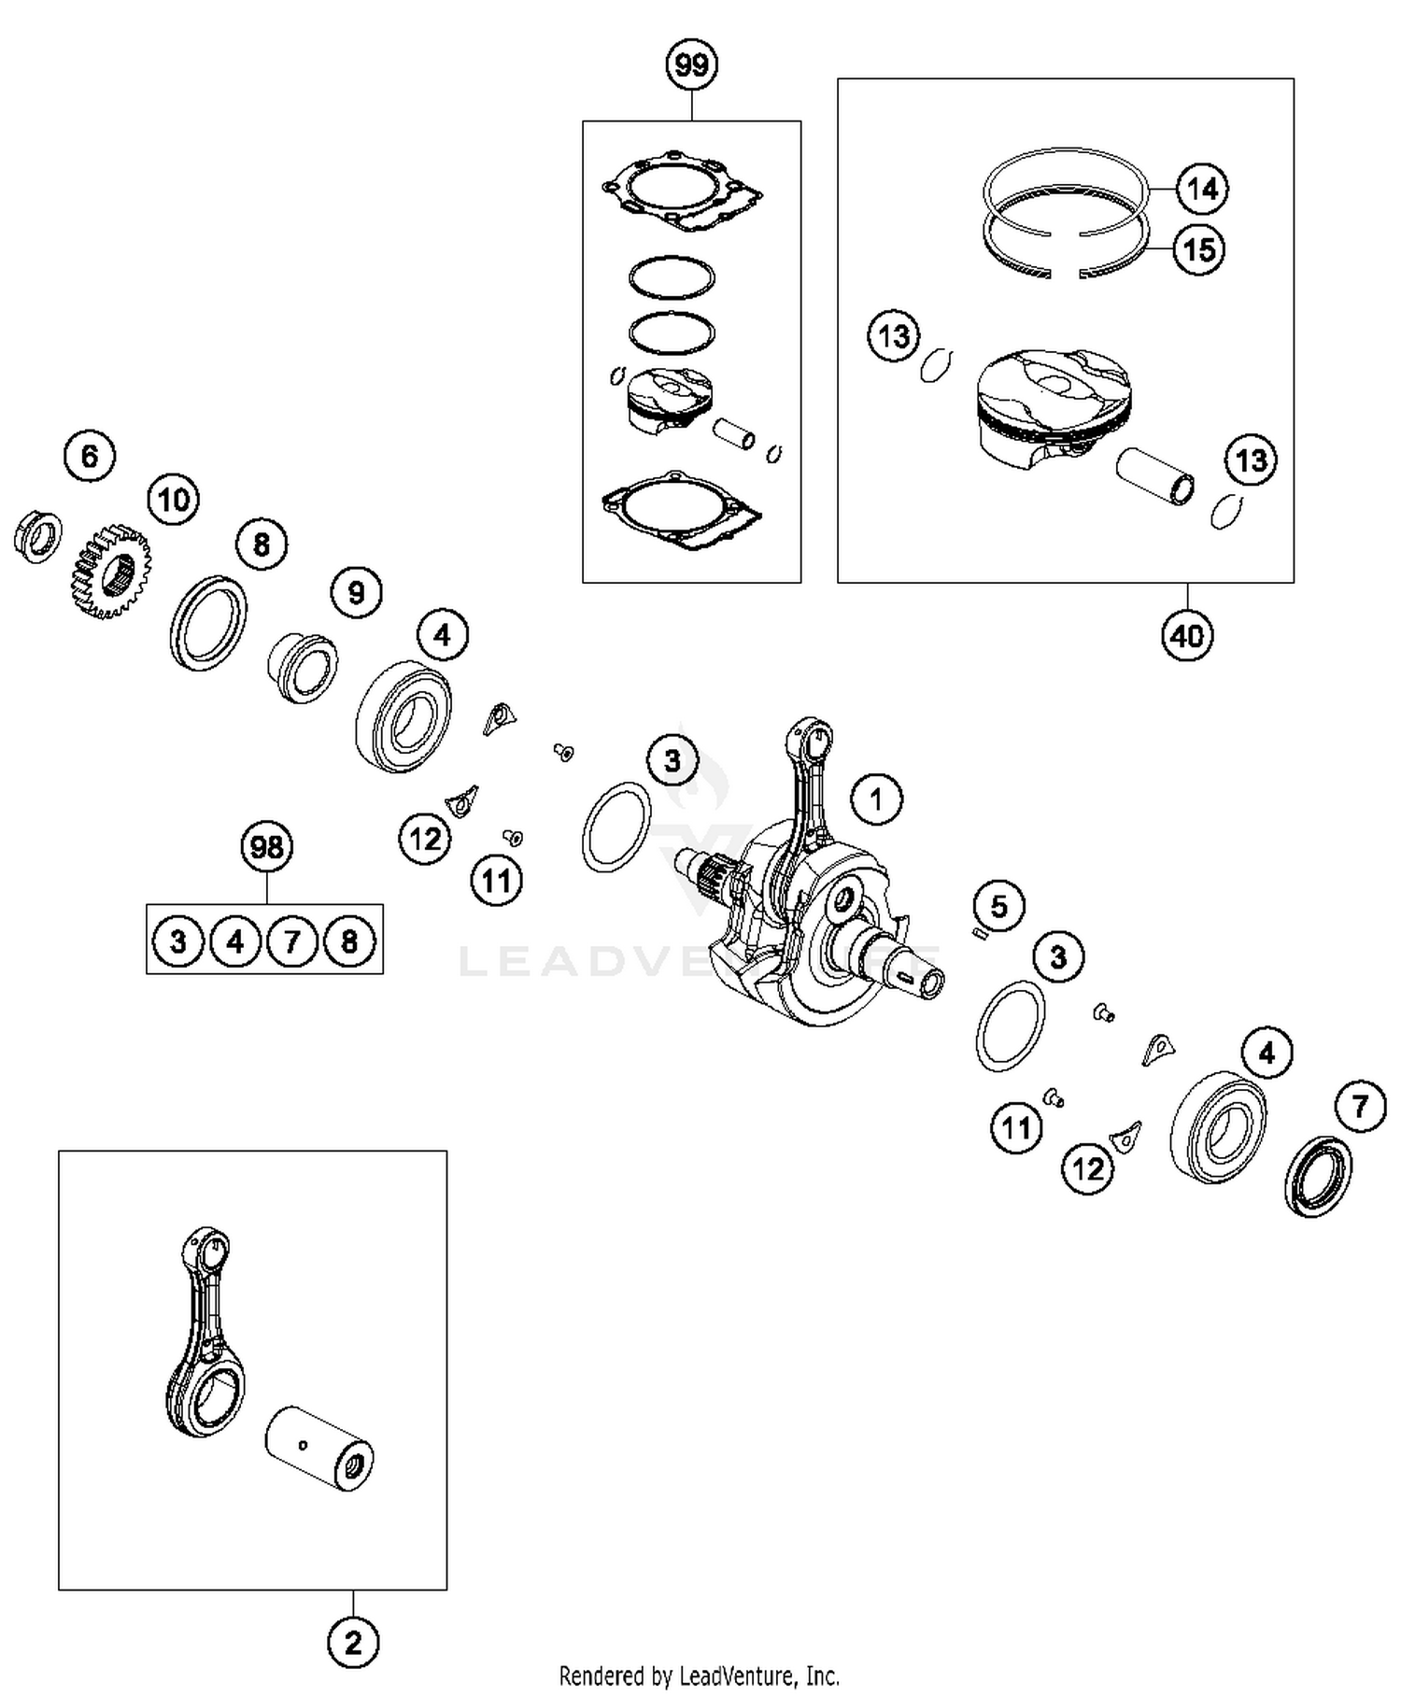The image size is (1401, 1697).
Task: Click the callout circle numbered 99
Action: click(691, 65)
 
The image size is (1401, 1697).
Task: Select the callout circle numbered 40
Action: click(1187, 636)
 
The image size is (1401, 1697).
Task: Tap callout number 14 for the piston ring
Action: click(1202, 189)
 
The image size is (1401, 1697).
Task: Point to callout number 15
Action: click(1199, 249)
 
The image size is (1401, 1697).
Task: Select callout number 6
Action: click(90, 456)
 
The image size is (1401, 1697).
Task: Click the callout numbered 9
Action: click(356, 592)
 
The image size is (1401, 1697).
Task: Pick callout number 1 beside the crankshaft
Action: click(876, 799)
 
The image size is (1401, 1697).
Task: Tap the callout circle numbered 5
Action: click(999, 906)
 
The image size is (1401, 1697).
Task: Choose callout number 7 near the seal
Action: click(1360, 1107)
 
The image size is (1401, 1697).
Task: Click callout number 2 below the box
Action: click(353, 1642)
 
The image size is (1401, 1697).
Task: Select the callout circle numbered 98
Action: click(267, 847)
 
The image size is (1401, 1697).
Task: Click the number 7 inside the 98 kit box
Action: click(292, 941)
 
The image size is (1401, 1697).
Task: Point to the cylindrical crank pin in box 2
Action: click(319, 1448)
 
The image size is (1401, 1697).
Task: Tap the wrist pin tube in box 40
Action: click(1156, 476)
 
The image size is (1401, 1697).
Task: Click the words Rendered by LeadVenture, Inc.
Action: click(699, 1676)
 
